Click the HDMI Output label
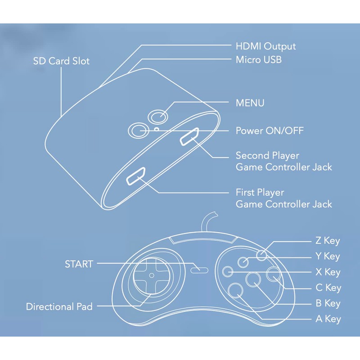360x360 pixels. [265, 46]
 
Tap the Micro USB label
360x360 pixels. [259, 59]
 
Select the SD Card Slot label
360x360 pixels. [61, 61]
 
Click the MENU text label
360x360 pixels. [250, 103]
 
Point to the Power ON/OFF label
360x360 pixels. [270, 131]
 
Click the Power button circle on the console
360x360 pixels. [137, 131]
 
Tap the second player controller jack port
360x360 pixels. [189, 137]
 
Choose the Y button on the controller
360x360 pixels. [243, 261]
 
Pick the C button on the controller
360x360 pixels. [273, 273]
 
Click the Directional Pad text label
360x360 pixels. [59, 307]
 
